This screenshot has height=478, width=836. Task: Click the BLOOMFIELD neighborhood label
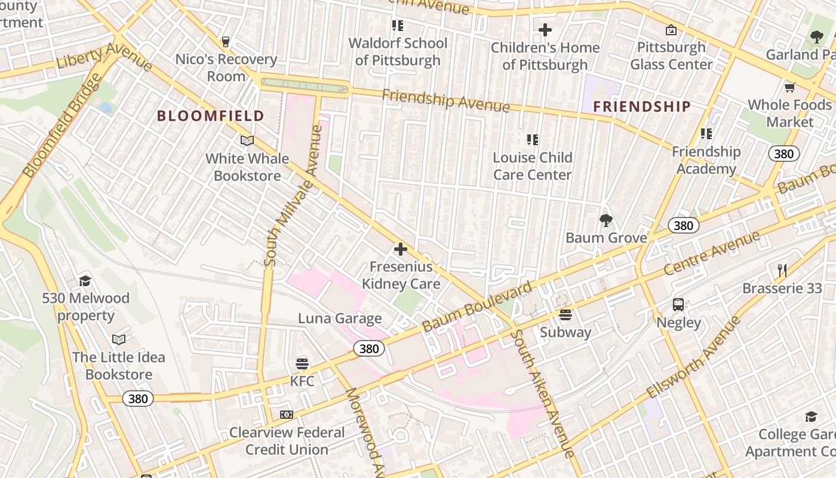(x=210, y=116)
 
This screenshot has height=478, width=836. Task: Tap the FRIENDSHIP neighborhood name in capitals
(x=642, y=107)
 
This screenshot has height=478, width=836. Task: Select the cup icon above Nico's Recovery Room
(x=226, y=41)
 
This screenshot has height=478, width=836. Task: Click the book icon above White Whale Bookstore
(x=247, y=141)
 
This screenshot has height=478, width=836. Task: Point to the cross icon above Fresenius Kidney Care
(x=401, y=249)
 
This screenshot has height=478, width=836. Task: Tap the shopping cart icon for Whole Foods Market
(x=789, y=88)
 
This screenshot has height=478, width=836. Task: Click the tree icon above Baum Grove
(x=606, y=220)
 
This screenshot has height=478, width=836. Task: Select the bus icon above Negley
(x=678, y=305)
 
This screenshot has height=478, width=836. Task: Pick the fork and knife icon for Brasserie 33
(x=782, y=271)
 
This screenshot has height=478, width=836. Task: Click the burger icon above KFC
(x=302, y=363)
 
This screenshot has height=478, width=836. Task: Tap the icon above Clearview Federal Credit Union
(x=287, y=415)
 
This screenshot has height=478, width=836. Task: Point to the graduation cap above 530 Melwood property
(x=85, y=281)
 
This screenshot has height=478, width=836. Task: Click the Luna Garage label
(x=340, y=318)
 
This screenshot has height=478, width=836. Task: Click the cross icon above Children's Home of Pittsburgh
(x=545, y=29)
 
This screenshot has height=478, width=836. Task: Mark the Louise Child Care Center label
(x=532, y=166)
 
